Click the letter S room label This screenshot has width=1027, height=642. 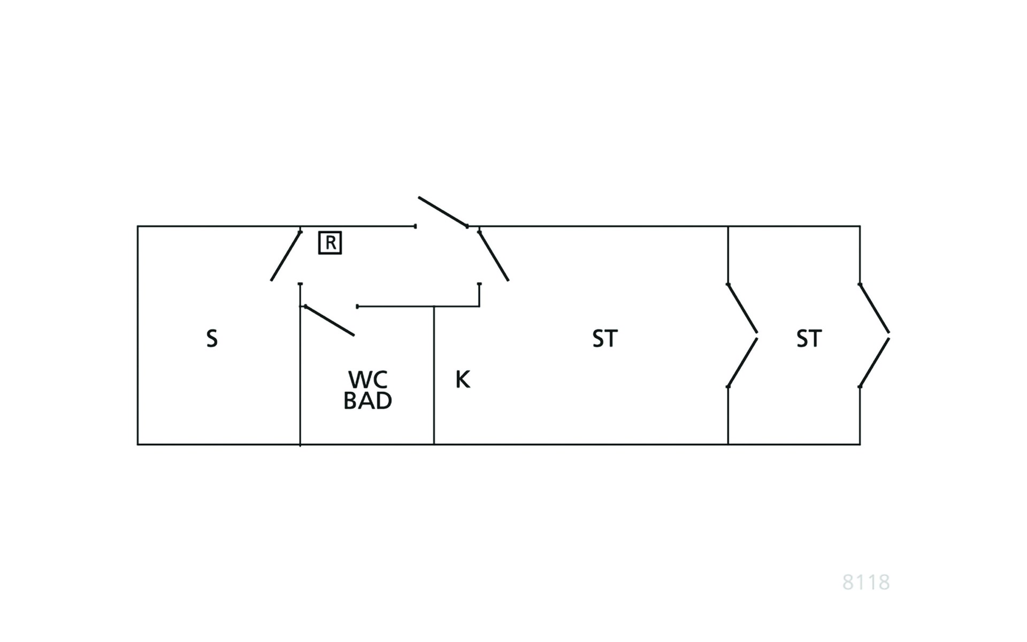tap(212, 339)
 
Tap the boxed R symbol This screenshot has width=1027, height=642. tap(330, 243)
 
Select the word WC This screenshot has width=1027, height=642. tap(367, 379)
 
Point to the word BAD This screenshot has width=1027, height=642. tap(367, 400)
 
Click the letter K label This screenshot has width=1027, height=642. tap(463, 379)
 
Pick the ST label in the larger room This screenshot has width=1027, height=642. tap(605, 339)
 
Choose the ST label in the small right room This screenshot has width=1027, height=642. tap(809, 339)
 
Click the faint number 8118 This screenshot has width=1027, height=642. tap(866, 582)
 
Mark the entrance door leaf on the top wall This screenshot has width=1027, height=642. tap(443, 212)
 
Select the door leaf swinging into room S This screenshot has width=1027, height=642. tap(286, 256)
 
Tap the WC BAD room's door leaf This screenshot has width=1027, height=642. tap(329, 320)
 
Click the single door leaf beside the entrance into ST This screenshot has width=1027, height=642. tap(493, 256)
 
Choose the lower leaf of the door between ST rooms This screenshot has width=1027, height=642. tap(742, 362)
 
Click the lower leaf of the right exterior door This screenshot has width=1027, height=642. tap(875, 362)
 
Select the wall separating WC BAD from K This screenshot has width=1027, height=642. tap(434, 375)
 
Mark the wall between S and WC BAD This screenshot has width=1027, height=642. tap(300, 364)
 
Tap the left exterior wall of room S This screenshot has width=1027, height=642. tap(137, 335)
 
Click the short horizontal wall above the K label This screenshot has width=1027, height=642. tap(418, 307)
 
